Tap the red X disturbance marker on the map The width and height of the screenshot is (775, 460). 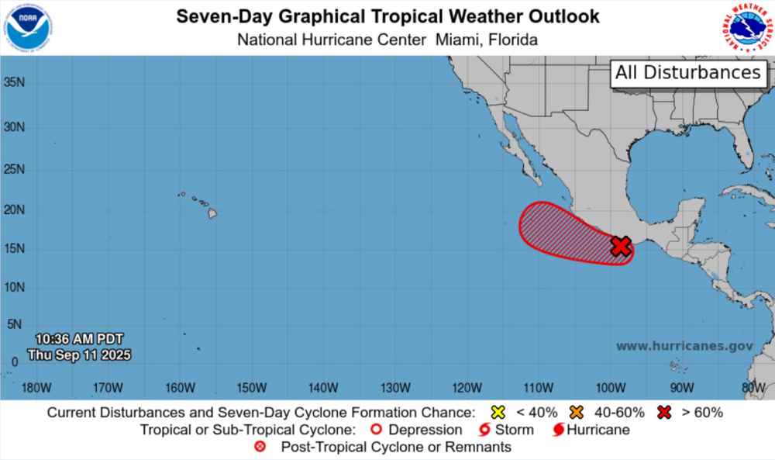(x=620, y=246)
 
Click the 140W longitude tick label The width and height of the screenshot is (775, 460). (x=322, y=388)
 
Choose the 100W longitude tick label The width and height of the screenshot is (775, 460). (x=611, y=388)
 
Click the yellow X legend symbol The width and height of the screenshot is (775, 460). (x=498, y=412)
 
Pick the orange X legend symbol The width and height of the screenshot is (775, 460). (x=575, y=412)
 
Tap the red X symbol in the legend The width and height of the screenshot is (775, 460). (x=663, y=412)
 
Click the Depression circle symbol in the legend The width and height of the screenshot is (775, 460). (x=377, y=430)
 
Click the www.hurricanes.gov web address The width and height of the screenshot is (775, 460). (x=684, y=347)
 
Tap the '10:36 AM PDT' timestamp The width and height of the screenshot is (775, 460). (x=78, y=339)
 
